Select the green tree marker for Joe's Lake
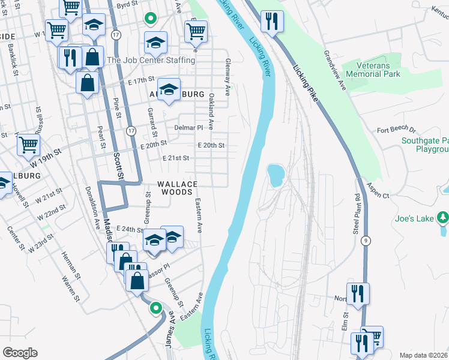pos(442,216)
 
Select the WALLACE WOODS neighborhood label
pos(175,188)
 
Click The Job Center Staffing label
pos(151,61)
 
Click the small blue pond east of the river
pos(276,175)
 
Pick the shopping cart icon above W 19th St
pos(28,144)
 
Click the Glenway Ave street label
pos(228,77)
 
